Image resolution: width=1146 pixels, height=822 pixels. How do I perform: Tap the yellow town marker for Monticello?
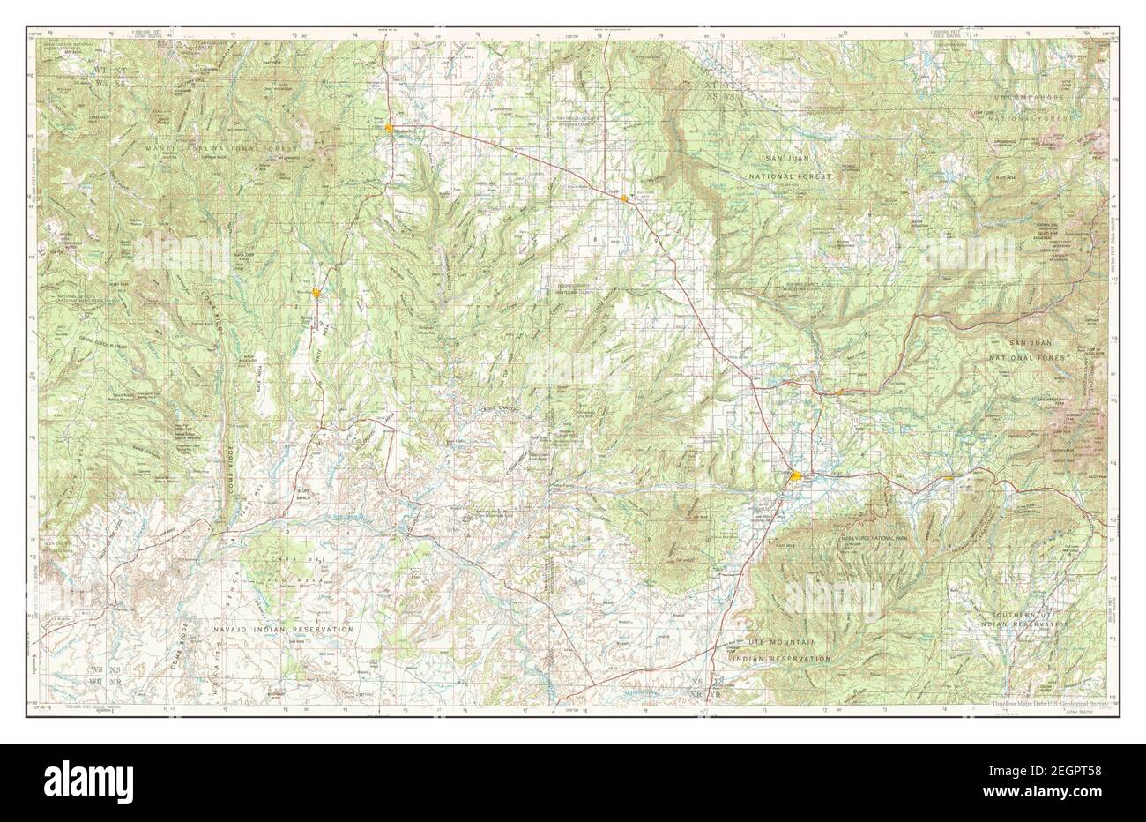[x=389, y=130]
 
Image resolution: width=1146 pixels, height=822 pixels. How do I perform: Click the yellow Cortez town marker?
[x=797, y=477]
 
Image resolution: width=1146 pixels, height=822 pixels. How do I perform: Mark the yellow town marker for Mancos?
[x=949, y=478]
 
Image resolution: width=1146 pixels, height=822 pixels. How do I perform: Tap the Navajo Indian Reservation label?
[x=284, y=629]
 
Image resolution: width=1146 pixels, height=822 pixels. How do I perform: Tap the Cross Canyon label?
[x=498, y=408]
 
